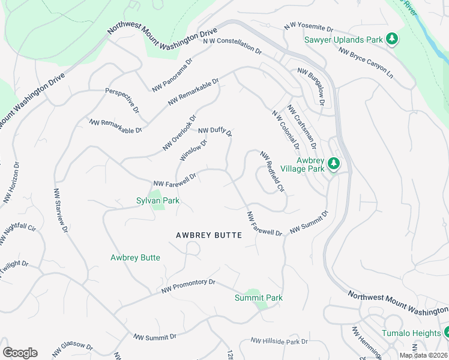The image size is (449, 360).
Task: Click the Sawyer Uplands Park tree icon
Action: (x=392, y=40)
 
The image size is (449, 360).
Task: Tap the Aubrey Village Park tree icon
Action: (x=334, y=164)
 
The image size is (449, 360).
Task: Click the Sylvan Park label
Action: (x=158, y=200)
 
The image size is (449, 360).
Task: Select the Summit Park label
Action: (x=258, y=298)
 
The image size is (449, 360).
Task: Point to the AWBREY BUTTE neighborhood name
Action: (x=209, y=235)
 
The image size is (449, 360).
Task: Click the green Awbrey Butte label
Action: (x=135, y=257)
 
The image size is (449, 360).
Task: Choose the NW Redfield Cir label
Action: (x=272, y=172)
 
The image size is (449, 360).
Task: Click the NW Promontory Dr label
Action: (x=188, y=286)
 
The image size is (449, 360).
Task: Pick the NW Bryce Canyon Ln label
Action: (x=366, y=63)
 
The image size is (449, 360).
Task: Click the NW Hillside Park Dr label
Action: (x=279, y=341)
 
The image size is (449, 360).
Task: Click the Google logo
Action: (x=20, y=353)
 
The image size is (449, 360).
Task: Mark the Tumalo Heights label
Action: (x=411, y=333)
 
